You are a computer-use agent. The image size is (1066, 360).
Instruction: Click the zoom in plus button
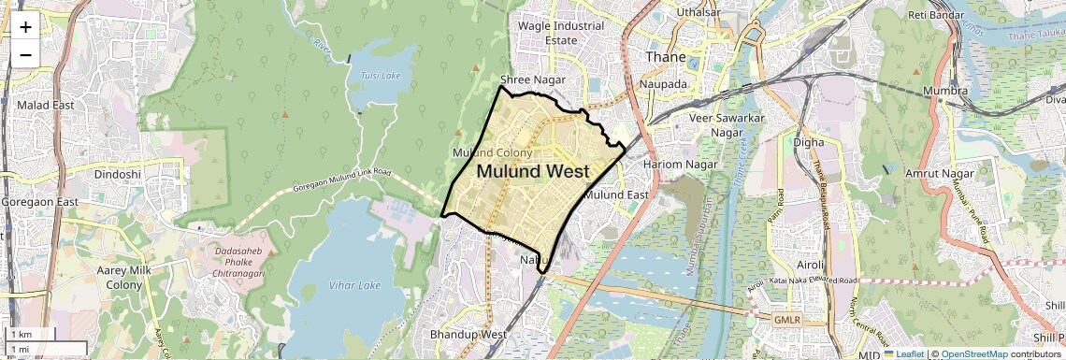point(25,26)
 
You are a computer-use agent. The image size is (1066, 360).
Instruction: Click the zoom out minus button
point(25,54)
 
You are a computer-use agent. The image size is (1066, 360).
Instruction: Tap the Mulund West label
point(533,172)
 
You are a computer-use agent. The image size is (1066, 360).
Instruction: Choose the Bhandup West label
point(468,334)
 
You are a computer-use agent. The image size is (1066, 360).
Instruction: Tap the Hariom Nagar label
point(680,165)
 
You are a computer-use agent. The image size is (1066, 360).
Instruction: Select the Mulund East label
point(616,194)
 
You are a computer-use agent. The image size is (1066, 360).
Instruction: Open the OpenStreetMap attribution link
point(973,353)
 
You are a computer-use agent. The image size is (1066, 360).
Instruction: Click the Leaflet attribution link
point(907,353)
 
